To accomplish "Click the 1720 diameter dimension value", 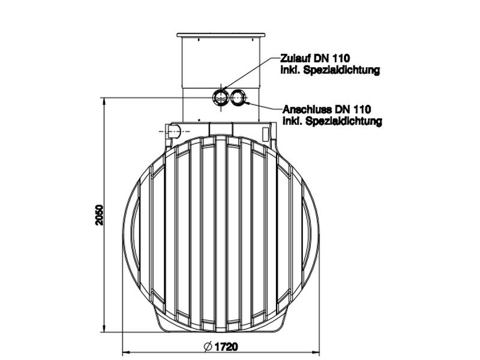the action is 226,347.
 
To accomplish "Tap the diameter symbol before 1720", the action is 208,347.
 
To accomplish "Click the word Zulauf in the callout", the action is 295,58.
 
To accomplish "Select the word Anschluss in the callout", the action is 303,109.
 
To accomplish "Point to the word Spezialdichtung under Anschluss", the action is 343,121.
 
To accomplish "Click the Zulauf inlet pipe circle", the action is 220,97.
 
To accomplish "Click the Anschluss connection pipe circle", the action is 238,97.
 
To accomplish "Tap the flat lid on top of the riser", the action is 221,35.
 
